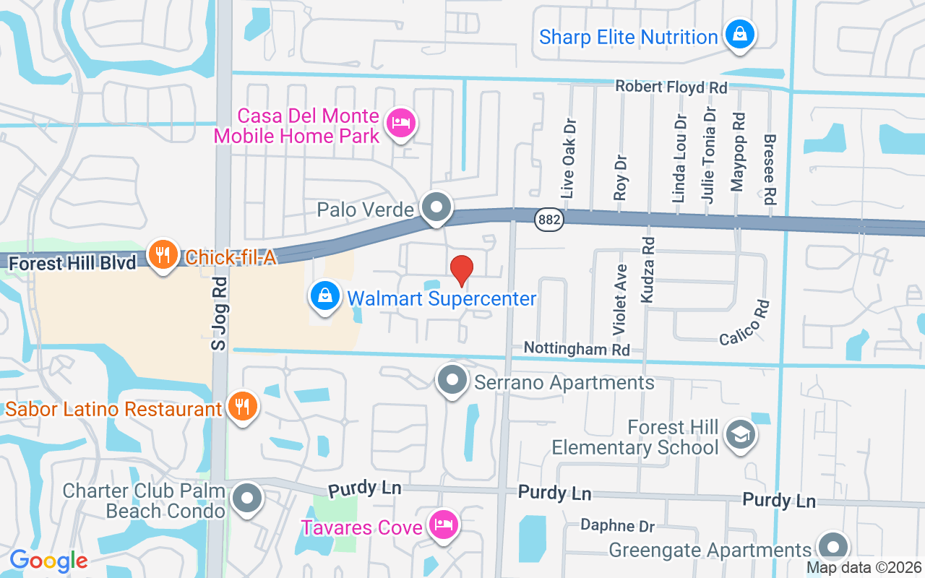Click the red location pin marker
point(462,270)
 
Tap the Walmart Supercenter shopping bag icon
point(326,296)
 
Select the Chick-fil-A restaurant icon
point(164,255)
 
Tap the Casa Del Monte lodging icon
point(399,123)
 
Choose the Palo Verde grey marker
point(436,208)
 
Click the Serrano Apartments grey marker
point(453,380)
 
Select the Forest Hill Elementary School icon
point(741,435)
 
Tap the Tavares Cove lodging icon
point(442,524)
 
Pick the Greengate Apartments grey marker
point(832,548)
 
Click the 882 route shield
point(550,220)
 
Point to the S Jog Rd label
point(219,314)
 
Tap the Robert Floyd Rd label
point(671,87)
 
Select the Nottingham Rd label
point(577,348)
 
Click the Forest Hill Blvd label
point(72,263)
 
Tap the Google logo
point(48,561)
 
